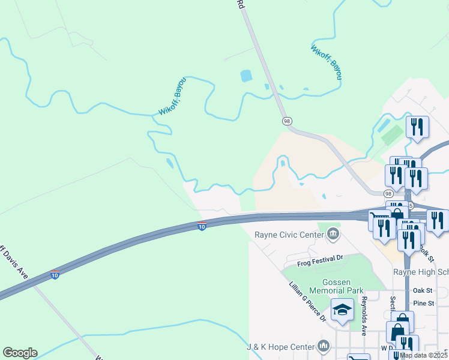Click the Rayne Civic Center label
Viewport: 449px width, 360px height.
click(289, 235)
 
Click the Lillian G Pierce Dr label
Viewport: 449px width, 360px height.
click(306, 301)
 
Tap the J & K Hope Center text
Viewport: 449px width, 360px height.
click(280, 347)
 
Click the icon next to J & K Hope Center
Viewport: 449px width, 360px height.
click(324, 346)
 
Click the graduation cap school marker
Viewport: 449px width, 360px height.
click(342, 310)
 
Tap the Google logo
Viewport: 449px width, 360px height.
click(20, 353)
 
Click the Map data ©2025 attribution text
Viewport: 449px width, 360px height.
click(423, 355)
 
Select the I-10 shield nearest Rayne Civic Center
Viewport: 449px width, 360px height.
click(202, 226)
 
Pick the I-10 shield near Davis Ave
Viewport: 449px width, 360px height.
click(55, 275)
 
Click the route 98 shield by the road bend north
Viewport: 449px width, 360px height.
click(287, 121)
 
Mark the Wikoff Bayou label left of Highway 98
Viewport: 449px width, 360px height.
click(172, 95)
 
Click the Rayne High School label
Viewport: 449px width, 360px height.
click(421, 272)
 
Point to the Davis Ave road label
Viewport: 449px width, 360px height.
click(14, 260)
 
